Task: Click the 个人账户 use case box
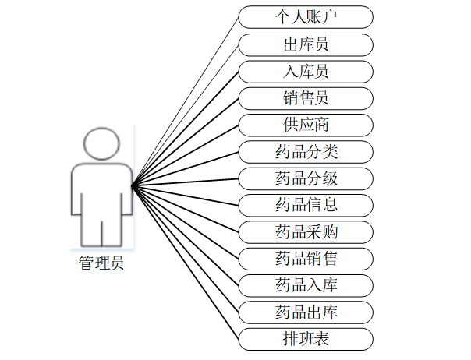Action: click(x=306, y=16)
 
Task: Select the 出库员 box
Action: click(x=306, y=44)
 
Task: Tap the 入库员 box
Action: click(x=306, y=71)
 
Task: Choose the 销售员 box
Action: click(x=306, y=97)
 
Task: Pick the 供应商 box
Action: click(x=306, y=125)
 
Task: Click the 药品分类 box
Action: click(x=306, y=151)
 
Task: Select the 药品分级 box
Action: click(x=306, y=178)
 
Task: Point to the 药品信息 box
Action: click(x=306, y=205)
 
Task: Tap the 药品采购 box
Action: click(x=306, y=231)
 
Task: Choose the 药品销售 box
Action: click(x=306, y=258)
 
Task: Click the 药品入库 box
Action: click(x=306, y=285)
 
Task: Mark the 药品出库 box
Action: click(x=306, y=312)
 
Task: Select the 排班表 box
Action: click(x=306, y=339)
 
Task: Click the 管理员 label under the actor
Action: click(x=101, y=263)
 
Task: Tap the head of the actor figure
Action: click(x=101, y=145)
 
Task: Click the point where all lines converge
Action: click(x=133, y=185)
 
